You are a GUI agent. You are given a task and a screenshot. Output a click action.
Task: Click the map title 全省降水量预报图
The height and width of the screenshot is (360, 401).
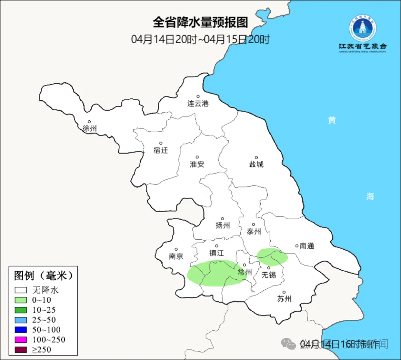click(x=200, y=23)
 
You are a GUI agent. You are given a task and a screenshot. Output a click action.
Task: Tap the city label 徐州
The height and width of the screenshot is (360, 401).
click(x=89, y=129)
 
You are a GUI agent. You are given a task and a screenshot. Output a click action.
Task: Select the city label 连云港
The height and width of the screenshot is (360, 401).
click(x=198, y=104)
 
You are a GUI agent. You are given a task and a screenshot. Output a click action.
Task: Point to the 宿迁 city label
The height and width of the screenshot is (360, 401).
click(x=161, y=150)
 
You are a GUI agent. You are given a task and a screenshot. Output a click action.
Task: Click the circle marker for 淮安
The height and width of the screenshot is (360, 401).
click(x=197, y=157)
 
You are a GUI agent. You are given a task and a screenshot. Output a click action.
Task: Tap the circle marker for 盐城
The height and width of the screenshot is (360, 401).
click(x=256, y=158)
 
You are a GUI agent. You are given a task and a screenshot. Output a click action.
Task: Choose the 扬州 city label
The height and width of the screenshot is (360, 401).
click(x=223, y=225)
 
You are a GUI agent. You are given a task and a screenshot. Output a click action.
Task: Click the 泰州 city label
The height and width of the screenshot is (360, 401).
click(x=254, y=231)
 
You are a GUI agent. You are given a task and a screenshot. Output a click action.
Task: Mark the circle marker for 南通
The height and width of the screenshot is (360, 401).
click(x=297, y=246)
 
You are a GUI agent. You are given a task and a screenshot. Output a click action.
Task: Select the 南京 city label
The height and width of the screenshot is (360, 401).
click(x=176, y=256)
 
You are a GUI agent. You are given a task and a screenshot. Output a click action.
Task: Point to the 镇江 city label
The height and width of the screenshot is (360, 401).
click(x=216, y=253)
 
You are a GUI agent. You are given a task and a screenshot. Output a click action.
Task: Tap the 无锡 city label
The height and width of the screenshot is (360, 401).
click(x=269, y=275)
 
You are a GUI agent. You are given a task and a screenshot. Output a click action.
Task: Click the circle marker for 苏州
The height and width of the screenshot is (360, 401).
click(x=284, y=292)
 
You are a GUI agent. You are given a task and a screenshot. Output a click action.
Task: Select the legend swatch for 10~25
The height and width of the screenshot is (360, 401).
click(x=21, y=309)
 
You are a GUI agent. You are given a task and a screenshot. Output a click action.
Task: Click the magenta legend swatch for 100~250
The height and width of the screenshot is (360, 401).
click(x=21, y=340)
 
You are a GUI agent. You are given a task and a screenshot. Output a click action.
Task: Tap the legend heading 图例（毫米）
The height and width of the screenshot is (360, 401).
click(x=43, y=276)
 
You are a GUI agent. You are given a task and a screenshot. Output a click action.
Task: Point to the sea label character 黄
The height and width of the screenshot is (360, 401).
click(x=332, y=120)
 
